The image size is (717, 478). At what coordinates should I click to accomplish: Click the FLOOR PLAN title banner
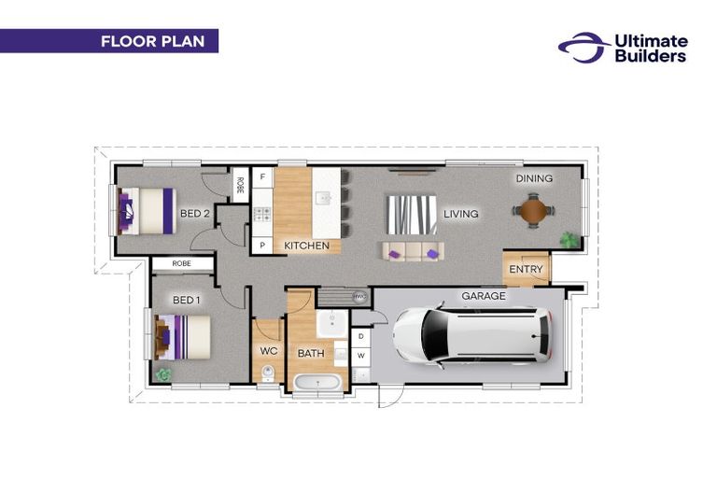tap(109, 41)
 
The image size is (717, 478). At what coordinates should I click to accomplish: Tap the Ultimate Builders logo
tap(623, 48)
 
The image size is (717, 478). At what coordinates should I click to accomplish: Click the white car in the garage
tap(472, 335)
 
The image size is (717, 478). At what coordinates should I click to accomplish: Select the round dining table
tap(533, 211)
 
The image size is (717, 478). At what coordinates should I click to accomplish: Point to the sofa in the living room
tap(414, 251)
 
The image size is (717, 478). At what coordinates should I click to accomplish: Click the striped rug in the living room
tap(412, 215)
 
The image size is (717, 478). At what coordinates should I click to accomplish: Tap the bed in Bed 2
tap(147, 211)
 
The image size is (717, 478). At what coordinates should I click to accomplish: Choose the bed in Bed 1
tap(182, 337)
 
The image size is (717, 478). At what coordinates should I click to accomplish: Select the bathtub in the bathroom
tap(317, 383)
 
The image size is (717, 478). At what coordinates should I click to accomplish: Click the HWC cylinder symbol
tap(359, 296)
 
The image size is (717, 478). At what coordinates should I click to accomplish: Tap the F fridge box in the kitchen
tap(262, 177)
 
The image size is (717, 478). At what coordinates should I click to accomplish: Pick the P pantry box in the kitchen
tap(262, 246)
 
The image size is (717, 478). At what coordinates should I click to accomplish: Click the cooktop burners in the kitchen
tap(262, 214)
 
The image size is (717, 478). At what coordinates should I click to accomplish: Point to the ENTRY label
tap(526, 269)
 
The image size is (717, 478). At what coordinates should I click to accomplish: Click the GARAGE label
tap(484, 296)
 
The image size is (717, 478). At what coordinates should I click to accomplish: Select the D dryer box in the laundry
tap(361, 337)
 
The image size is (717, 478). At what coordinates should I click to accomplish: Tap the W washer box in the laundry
tap(361, 356)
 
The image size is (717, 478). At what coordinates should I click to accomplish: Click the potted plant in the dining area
tap(569, 240)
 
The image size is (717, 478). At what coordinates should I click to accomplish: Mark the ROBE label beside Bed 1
tap(181, 263)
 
